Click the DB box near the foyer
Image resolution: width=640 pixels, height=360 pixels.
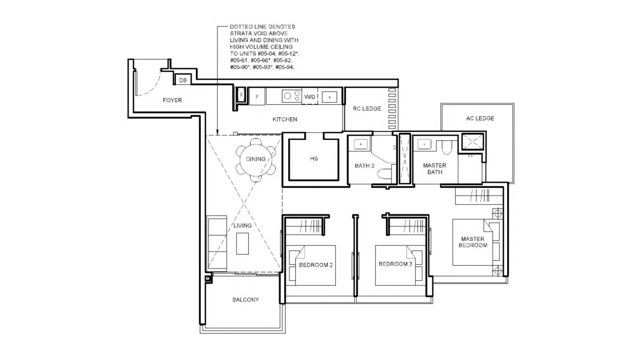point(183,80)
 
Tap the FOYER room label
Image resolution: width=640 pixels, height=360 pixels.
point(172,100)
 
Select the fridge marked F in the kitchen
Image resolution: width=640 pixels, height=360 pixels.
point(257,97)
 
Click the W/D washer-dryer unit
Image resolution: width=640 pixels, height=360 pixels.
point(310,97)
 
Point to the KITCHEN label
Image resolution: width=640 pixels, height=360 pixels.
point(285,119)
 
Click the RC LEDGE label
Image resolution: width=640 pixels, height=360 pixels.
point(367,109)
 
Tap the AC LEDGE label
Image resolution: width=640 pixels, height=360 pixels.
point(480,118)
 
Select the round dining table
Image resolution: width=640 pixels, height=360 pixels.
point(256,160)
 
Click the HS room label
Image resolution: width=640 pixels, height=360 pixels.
point(314,158)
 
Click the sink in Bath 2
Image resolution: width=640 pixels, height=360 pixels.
point(361,144)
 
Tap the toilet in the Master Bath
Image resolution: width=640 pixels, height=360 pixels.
point(447,147)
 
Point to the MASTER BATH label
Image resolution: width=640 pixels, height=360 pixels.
point(434,169)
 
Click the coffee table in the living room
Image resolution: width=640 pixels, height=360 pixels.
point(242,244)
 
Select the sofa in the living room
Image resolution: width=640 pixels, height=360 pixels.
point(217,243)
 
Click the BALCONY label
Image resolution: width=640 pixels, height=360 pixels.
point(246,300)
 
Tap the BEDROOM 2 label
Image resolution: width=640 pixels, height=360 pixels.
point(316,265)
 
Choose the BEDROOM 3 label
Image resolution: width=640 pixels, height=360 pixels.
point(396,264)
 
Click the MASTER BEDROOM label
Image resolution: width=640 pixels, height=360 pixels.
point(473,242)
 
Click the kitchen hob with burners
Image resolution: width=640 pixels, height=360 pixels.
point(292,96)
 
